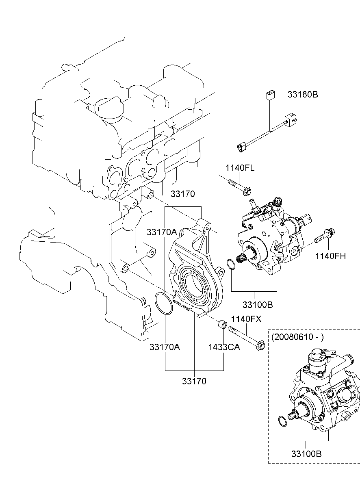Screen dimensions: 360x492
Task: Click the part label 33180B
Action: click(303, 94)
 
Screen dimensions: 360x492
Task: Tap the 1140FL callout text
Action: click(240, 168)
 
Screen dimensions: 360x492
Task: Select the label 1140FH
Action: click(331, 256)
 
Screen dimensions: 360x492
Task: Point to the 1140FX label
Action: click(247, 319)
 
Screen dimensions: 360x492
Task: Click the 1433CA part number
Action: click(224, 347)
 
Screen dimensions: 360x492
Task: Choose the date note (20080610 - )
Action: click(297, 337)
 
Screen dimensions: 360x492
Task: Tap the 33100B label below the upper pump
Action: click(258, 305)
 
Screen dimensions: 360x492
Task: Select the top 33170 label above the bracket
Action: click(183, 194)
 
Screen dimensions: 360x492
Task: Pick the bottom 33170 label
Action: click(194, 381)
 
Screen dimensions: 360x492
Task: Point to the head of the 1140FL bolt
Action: click(247, 192)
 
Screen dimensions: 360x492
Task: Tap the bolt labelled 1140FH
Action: click(324, 235)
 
